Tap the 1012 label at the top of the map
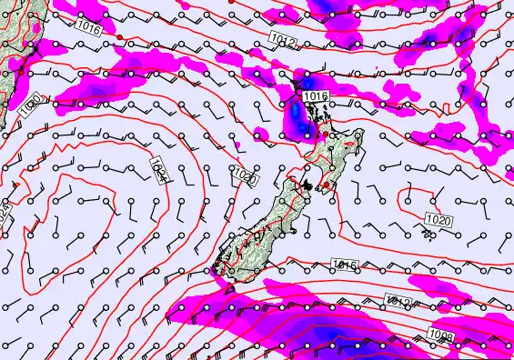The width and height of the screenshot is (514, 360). [x=282, y=39]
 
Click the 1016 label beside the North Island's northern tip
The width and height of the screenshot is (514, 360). [x=315, y=96]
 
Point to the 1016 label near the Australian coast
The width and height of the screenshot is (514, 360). [x=89, y=28]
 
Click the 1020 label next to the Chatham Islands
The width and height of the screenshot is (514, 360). [x=438, y=219]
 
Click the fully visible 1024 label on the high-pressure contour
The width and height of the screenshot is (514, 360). [x=156, y=169]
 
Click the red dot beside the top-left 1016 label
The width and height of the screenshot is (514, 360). [x=118, y=36]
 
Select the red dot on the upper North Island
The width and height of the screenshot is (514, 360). [x=325, y=135]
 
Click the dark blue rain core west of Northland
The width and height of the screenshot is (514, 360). [x=297, y=113]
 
